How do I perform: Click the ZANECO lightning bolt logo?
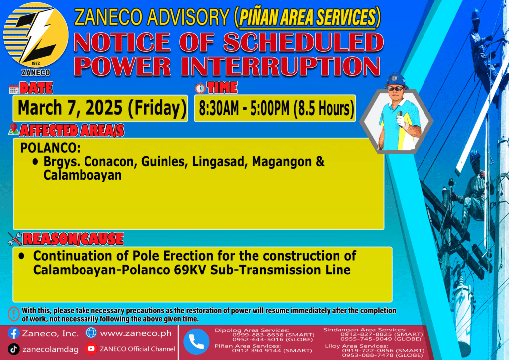(36, 36)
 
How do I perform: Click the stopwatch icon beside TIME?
(200, 89)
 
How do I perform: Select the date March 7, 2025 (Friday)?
(102, 108)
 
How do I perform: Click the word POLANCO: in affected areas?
(50, 148)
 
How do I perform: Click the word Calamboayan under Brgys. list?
(83, 176)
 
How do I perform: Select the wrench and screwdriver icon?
(15, 239)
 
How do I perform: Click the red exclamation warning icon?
(13, 314)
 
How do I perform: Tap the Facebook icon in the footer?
(13, 333)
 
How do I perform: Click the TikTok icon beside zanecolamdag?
(13, 349)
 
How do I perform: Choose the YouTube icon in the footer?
(91, 348)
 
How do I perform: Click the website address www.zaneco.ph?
(136, 333)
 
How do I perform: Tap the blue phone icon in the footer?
(196, 342)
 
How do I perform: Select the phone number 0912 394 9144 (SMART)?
(272, 351)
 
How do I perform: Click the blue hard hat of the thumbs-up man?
(395, 80)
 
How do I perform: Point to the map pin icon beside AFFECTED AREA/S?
(13, 129)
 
